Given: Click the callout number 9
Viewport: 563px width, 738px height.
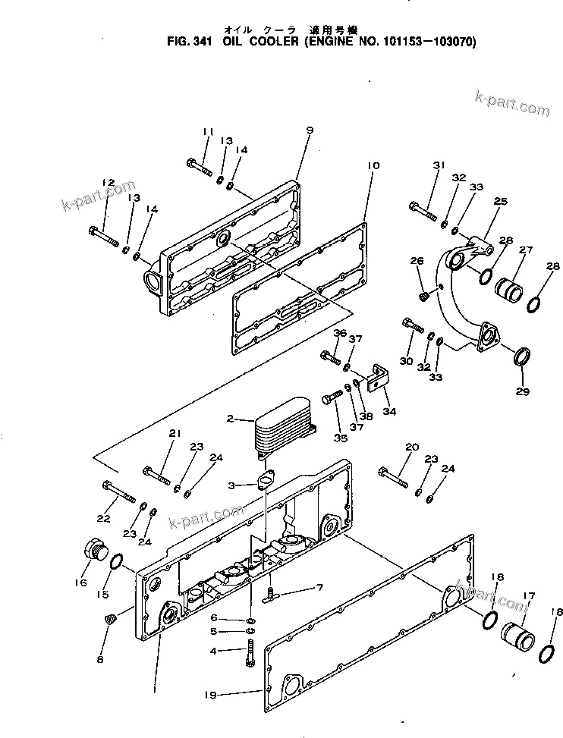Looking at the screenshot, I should click(310, 131).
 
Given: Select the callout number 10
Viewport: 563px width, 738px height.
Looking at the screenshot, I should click(372, 165).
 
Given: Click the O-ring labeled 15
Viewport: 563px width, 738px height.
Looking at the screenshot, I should click(118, 564).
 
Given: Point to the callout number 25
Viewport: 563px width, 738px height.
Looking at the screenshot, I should click(500, 202).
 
